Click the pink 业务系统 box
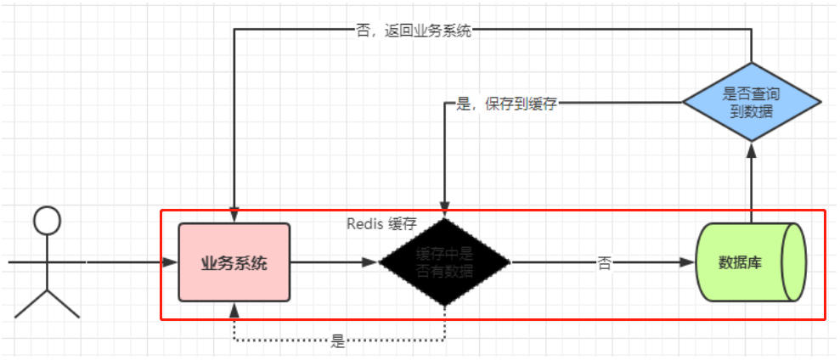click(234, 262)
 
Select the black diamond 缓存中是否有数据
click(444, 262)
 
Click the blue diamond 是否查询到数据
click(752, 103)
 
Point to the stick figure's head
click(47, 222)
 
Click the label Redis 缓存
click(381, 224)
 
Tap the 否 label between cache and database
click(605, 263)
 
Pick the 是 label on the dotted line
click(338, 342)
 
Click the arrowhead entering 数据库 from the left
click(689, 263)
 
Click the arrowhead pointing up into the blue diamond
click(752, 150)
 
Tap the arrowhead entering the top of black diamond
click(444, 211)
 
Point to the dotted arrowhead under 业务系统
click(234, 308)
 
